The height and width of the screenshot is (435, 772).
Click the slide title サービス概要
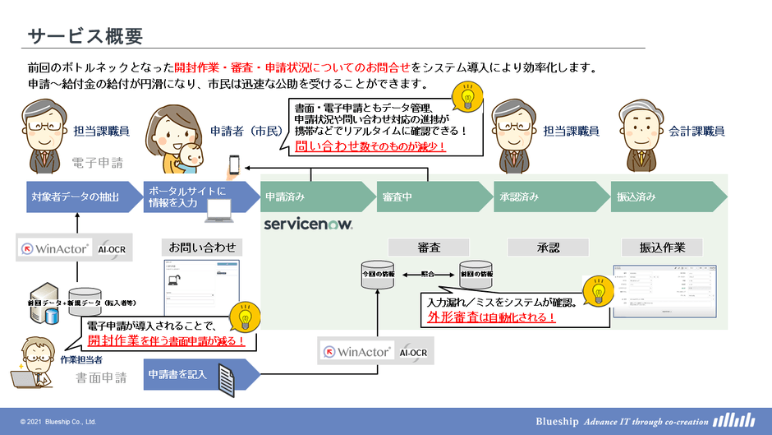[x=85, y=36]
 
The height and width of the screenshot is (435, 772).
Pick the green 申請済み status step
[x=312, y=197]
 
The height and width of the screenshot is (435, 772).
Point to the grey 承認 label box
[x=548, y=247]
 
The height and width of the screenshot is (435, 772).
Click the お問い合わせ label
[x=202, y=247]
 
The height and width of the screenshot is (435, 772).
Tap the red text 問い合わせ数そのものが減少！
[x=370, y=146]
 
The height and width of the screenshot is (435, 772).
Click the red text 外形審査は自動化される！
[x=491, y=317]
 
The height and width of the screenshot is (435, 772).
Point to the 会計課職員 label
[x=696, y=131]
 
